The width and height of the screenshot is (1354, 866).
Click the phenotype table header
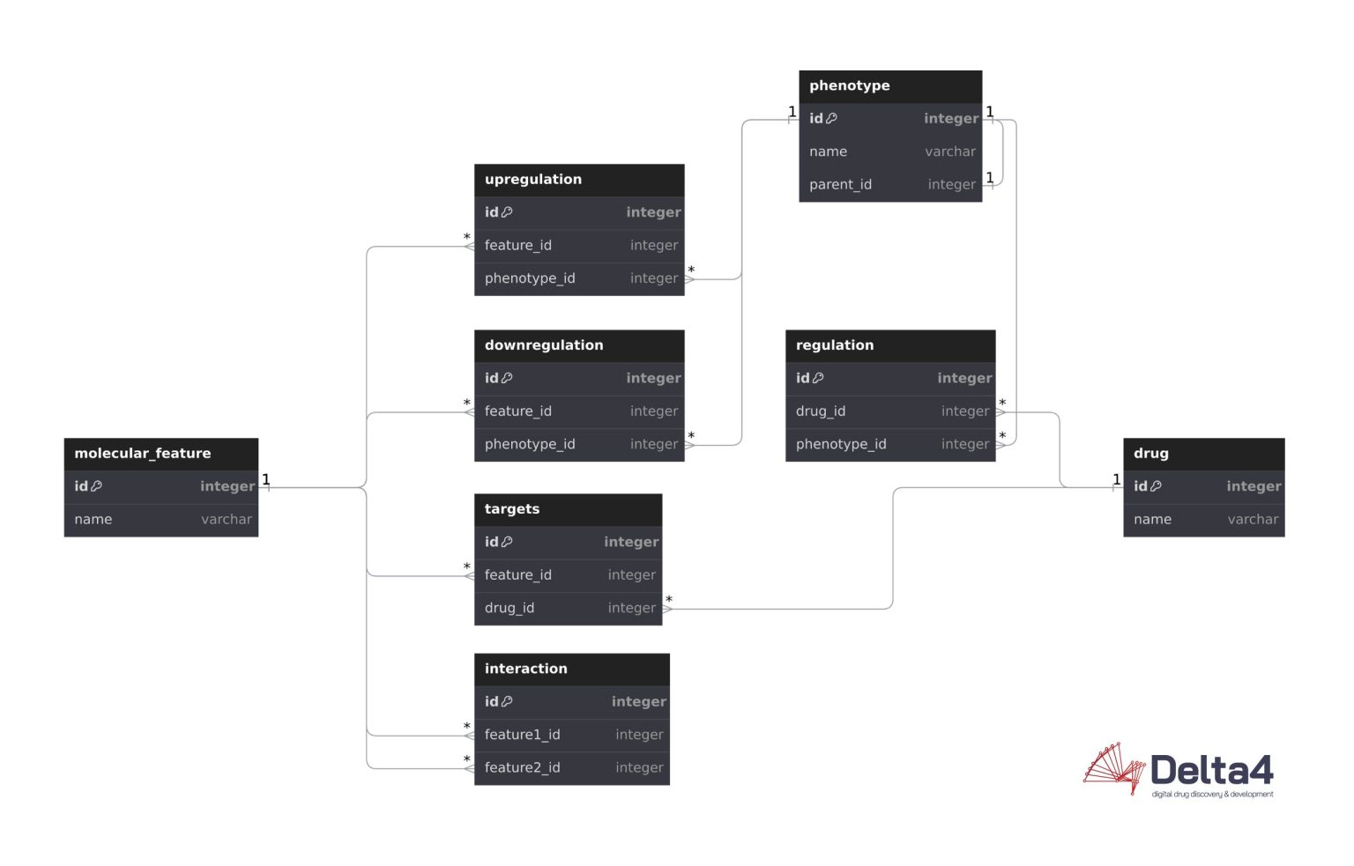(849, 86)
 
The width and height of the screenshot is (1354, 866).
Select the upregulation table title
(532, 180)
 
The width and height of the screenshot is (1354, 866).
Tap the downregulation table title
(543, 345)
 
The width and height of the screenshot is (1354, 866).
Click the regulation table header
(834, 345)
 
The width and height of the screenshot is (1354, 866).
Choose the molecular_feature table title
(142, 454)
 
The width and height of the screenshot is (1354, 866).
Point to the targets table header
(511, 509)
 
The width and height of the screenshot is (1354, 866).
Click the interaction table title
(525, 669)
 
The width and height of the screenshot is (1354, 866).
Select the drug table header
(1150, 454)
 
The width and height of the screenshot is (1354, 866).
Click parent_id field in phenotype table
(840, 185)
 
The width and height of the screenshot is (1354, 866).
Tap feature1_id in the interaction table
(522, 735)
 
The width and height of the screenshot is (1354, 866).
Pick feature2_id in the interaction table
(522, 768)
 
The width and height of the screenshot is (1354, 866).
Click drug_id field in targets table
(509, 609)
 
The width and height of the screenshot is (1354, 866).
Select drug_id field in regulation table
(820, 411)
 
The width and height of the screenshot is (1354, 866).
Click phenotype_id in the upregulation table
(529, 278)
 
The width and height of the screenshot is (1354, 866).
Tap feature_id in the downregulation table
(517, 411)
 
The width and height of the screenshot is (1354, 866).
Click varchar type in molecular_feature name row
(226, 520)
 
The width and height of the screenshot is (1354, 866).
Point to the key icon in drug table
(1156, 486)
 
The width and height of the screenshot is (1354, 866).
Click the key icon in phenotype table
(831, 119)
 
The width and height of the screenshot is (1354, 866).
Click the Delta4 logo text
(1211, 771)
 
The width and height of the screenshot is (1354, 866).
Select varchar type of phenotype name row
(949, 152)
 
